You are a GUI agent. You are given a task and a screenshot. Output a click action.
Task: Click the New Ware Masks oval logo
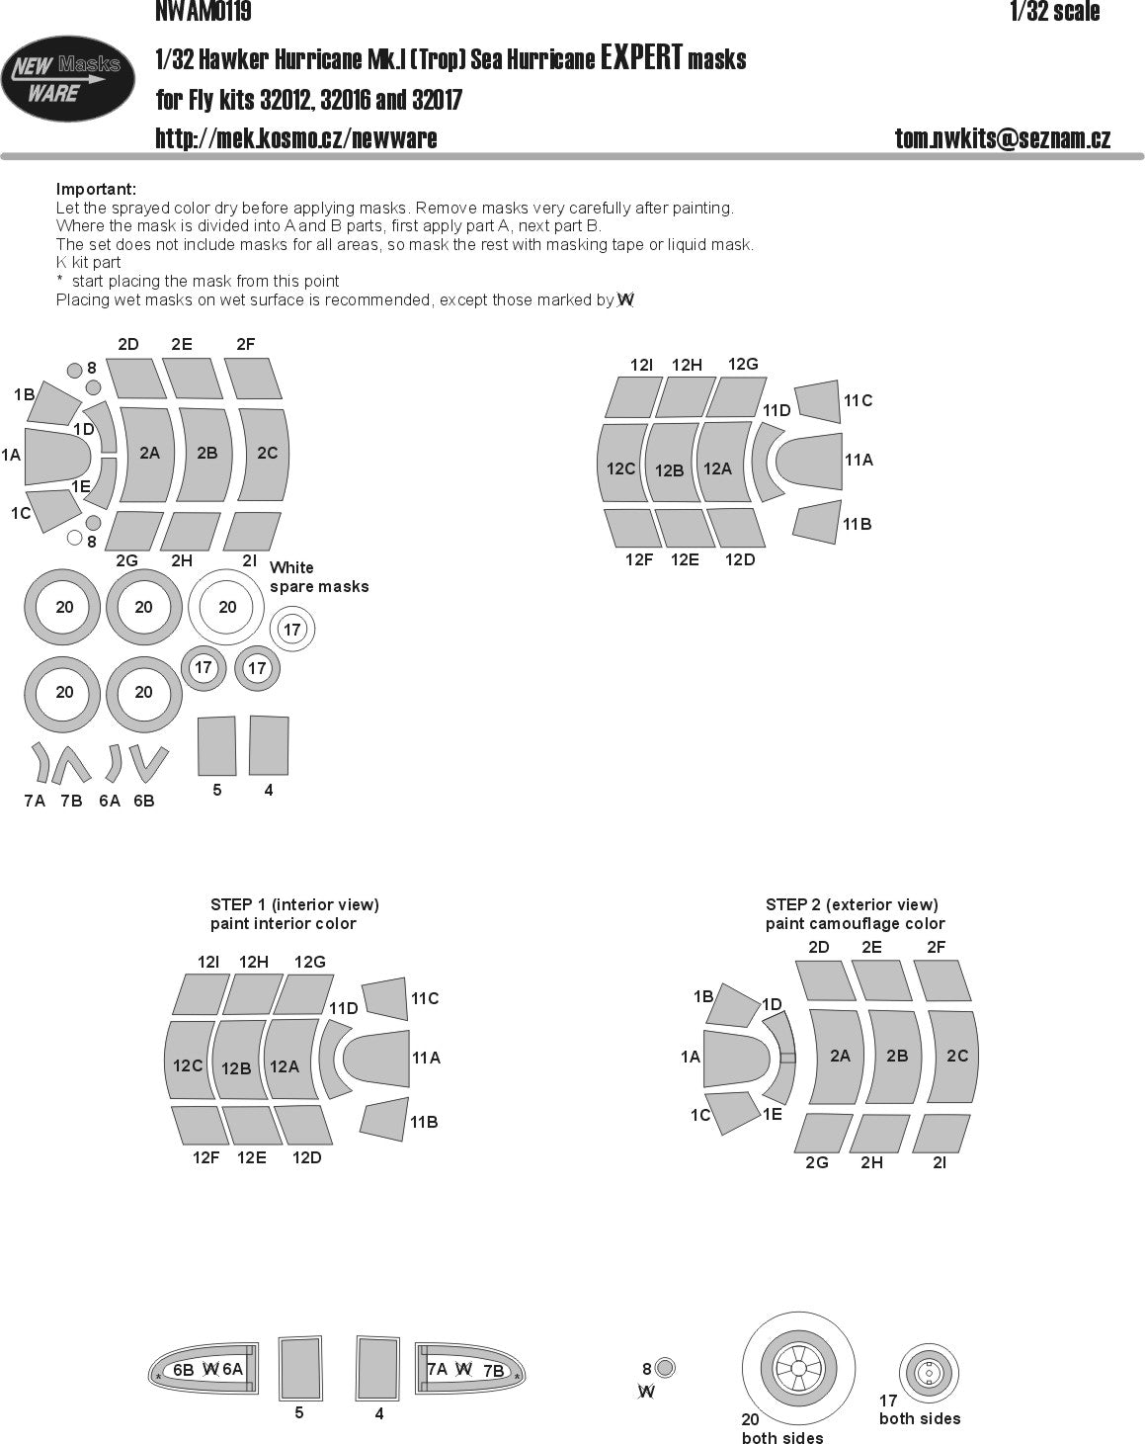[67, 79]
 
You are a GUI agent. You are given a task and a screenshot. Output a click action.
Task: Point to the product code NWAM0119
[204, 12]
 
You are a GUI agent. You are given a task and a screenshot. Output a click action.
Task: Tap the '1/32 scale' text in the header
[1054, 12]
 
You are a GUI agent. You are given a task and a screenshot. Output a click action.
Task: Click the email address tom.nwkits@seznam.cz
[1003, 138]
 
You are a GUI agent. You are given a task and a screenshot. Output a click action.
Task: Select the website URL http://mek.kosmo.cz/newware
[295, 138]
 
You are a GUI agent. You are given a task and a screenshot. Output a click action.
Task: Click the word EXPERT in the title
[641, 57]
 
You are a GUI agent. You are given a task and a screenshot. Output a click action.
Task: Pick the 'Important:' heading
[96, 189]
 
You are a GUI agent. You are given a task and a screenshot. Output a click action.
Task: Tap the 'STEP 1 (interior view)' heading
[294, 904]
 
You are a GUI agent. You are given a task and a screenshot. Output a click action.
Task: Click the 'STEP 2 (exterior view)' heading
[852, 904]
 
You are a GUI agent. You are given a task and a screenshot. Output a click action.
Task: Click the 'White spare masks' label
[319, 577]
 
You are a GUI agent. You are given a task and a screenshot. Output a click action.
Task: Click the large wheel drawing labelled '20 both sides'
[798, 1368]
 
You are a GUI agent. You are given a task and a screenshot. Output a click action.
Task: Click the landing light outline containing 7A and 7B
[469, 1370]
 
